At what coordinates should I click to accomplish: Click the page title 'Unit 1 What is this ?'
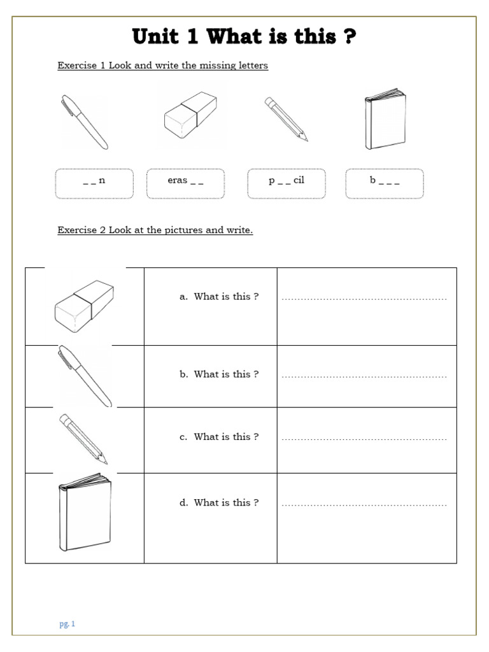244,37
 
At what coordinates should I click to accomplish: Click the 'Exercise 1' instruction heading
162,66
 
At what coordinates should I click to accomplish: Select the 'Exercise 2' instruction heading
155,230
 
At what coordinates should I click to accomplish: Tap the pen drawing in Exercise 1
84,122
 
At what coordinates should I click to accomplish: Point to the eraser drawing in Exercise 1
190,115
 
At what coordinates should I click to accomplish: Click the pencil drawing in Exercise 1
286,119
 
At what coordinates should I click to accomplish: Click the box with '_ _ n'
94,183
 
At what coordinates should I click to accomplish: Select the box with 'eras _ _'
185,183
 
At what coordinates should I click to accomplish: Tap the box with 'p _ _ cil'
286,183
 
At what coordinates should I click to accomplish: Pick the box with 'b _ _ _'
385,183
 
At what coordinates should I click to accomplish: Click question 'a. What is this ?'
219,297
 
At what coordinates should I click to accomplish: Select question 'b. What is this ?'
219,374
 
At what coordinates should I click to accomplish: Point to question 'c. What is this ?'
219,437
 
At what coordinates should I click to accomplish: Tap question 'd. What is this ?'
219,502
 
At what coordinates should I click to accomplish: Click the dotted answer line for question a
364,299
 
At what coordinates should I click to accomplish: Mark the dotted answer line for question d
364,505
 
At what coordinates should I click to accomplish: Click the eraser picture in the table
84,302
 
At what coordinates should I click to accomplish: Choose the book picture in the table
85,512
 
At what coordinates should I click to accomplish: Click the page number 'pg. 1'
67,624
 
